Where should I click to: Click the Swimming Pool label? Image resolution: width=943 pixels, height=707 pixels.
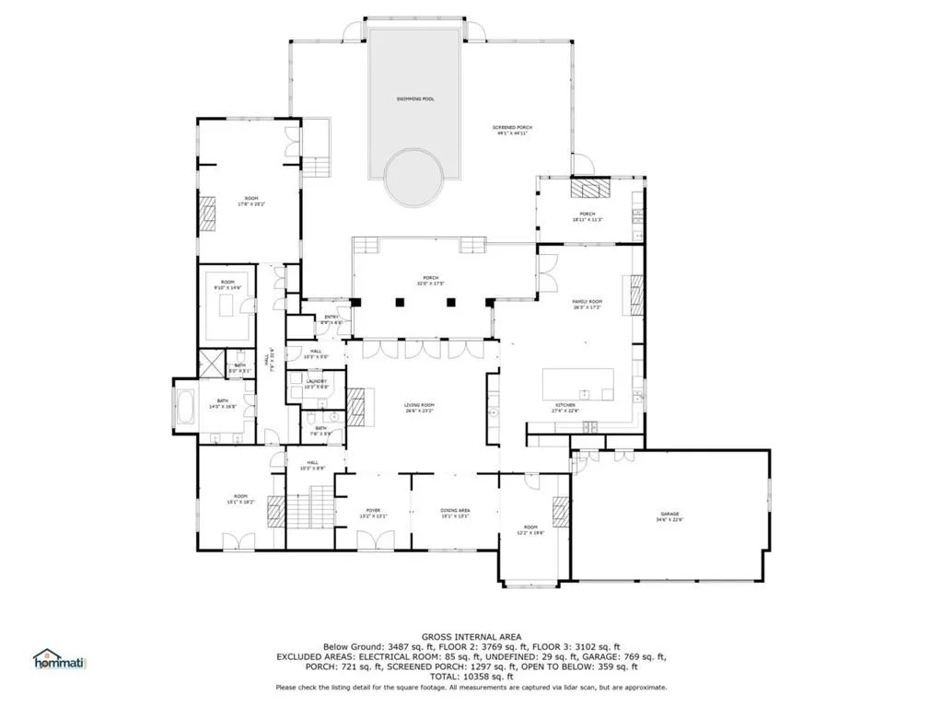click(x=414, y=98)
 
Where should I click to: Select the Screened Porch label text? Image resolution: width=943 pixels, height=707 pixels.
click(x=515, y=129)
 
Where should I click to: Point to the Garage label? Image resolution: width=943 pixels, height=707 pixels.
click(x=669, y=515)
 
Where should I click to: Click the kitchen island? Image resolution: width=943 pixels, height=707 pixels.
click(x=577, y=384)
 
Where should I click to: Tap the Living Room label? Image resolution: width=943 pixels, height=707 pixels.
click(x=419, y=406)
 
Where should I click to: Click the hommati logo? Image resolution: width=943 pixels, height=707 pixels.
click(x=58, y=659)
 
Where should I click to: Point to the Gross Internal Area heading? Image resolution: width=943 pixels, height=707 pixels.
click(x=471, y=637)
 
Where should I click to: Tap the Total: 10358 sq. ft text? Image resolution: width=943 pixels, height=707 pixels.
click(x=471, y=677)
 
